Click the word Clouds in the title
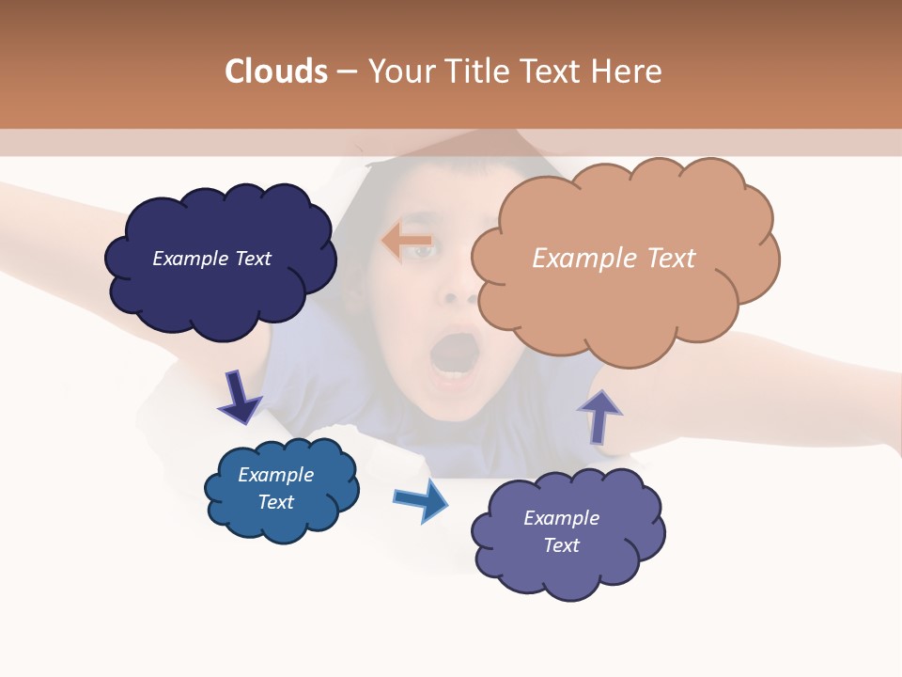point(276,71)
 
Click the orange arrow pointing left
point(406,242)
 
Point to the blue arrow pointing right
point(421,499)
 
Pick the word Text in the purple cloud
point(561,545)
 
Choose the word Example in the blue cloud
point(275,475)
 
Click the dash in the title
point(347,71)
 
